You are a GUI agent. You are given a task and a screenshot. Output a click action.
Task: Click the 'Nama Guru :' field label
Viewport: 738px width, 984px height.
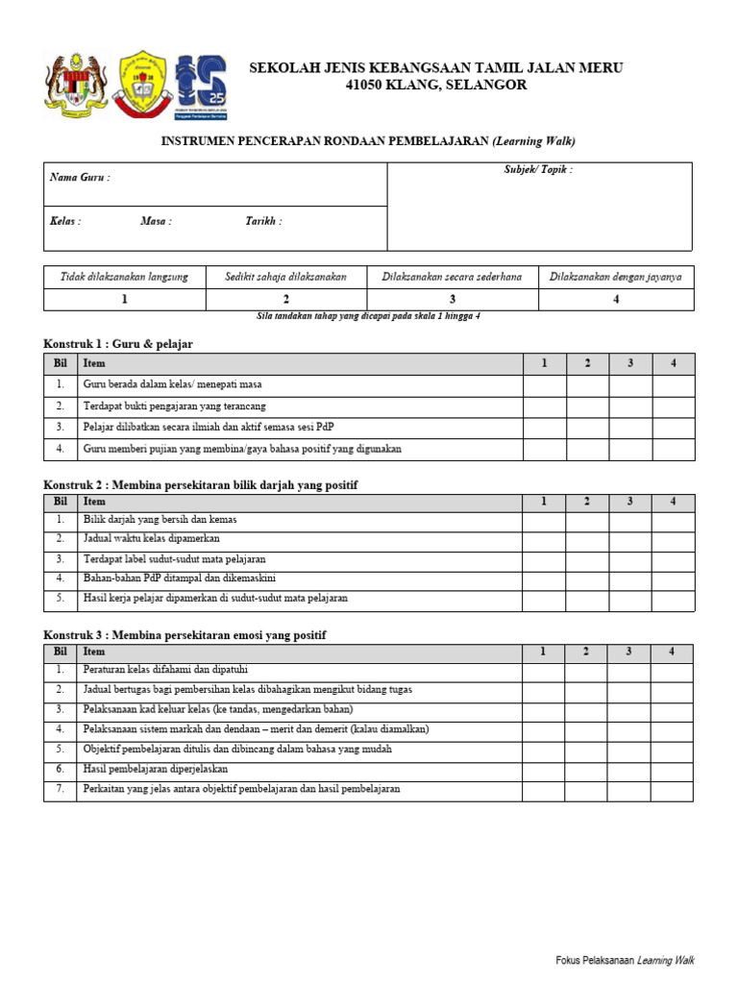pyautogui.click(x=80, y=178)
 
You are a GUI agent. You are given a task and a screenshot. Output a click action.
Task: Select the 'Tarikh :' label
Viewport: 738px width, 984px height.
pyautogui.click(x=263, y=221)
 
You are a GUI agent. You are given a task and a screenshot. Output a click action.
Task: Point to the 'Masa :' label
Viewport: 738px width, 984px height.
pyautogui.click(x=156, y=221)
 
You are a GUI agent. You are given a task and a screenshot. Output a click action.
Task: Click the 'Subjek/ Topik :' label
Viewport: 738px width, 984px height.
pyautogui.click(x=538, y=170)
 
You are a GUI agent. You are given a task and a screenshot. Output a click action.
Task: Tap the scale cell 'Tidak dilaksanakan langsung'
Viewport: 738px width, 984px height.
pyautogui.click(x=125, y=277)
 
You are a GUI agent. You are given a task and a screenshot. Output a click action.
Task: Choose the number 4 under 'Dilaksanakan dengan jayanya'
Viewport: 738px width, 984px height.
pyautogui.click(x=616, y=300)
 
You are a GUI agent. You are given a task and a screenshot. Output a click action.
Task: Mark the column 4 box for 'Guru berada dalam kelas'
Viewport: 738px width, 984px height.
pyautogui.click(x=673, y=385)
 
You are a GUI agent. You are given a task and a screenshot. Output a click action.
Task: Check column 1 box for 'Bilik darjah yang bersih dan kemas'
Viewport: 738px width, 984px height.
pyautogui.click(x=543, y=520)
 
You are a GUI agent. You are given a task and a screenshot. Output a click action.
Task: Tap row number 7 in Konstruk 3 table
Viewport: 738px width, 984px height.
pyautogui.click(x=60, y=789)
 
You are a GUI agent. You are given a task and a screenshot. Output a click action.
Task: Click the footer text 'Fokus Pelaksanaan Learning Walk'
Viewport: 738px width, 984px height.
pyautogui.click(x=625, y=960)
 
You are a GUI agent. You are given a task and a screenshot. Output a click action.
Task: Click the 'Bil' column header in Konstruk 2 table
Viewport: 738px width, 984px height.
pyautogui.click(x=60, y=502)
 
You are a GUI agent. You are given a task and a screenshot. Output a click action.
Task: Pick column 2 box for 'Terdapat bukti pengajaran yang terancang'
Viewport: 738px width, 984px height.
pyautogui.click(x=587, y=406)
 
